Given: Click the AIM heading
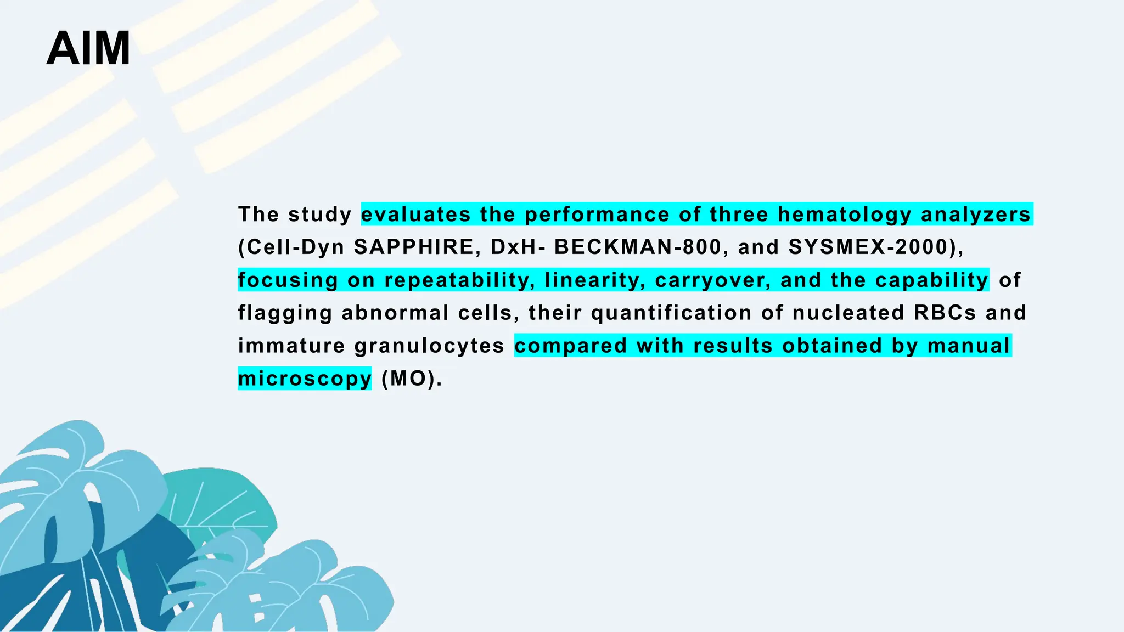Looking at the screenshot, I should tap(88, 49).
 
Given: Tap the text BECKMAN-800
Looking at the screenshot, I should tap(638, 247).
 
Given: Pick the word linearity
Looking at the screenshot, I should tap(594, 280).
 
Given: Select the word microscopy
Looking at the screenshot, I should tap(305, 379).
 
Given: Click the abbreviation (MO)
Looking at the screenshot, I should tap(411, 379).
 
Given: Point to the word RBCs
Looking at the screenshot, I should tap(945, 313).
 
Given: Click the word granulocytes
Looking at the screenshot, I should tap(429, 346).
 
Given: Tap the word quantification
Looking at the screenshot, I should tap(671, 313).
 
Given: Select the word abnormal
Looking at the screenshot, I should tap(395, 313).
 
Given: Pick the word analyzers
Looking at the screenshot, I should tap(976, 215).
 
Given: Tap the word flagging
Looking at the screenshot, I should tap(285, 313).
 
